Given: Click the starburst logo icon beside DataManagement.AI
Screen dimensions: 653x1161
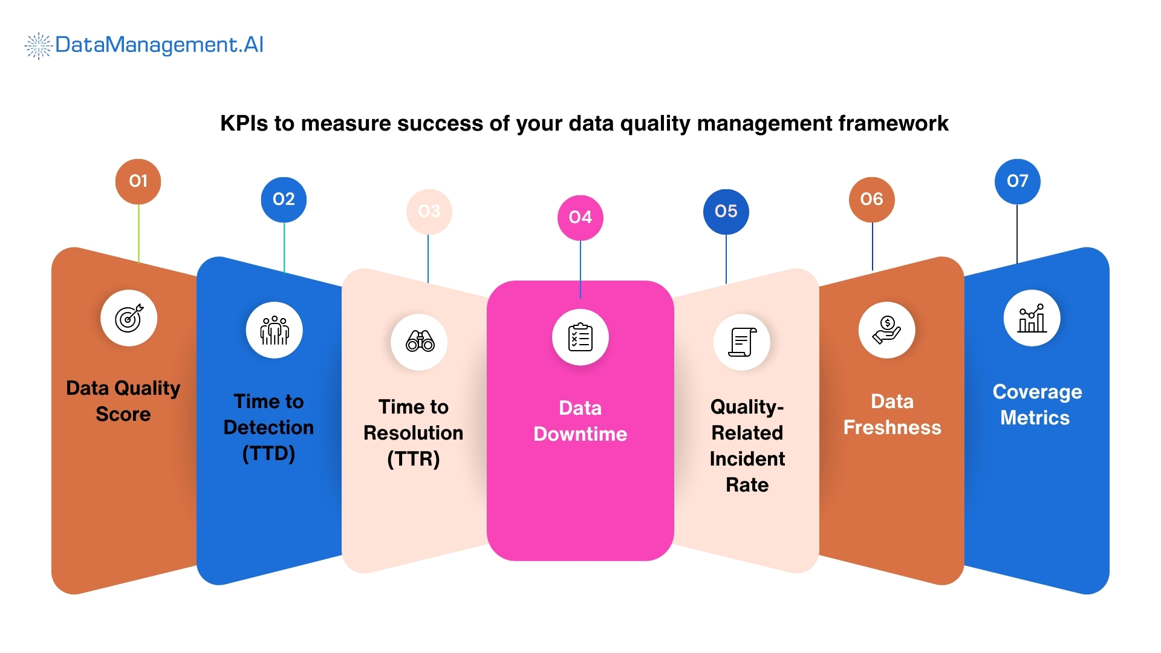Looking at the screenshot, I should [x=38, y=46].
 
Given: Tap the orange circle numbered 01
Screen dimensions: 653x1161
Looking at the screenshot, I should [x=138, y=181].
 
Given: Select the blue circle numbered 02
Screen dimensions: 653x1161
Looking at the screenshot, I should [x=284, y=200].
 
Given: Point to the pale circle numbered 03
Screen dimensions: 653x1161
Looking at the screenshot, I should [x=429, y=212].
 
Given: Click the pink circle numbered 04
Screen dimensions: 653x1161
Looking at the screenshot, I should [x=580, y=218].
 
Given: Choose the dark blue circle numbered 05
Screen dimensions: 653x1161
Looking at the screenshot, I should [x=726, y=212].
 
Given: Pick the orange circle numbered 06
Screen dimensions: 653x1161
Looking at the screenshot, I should [x=871, y=200].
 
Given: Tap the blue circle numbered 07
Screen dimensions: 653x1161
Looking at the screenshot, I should [x=1017, y=181].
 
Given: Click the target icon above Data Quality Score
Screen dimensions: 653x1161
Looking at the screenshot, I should [x=129, y=318].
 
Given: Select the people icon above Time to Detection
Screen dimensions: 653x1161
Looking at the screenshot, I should [x=275, y=330].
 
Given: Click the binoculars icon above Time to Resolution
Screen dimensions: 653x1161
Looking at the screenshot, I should [x=420, y=342].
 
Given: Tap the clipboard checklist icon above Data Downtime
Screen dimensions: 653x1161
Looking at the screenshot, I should [x=580, y=337].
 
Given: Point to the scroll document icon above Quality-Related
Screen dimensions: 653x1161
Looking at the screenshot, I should [x=742, y=342].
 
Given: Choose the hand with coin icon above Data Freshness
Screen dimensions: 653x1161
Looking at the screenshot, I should [x=886, y=330].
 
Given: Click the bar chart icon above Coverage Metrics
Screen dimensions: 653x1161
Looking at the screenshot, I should [x=1032, y=318].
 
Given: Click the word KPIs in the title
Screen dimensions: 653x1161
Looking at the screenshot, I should [x=244, y=123].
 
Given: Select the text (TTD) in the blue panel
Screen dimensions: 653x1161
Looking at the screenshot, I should [x=268, y=453].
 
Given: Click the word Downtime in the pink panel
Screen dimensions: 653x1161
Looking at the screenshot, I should [x=580, y=434].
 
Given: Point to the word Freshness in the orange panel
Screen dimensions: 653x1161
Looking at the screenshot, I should [x=892, y=427].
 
